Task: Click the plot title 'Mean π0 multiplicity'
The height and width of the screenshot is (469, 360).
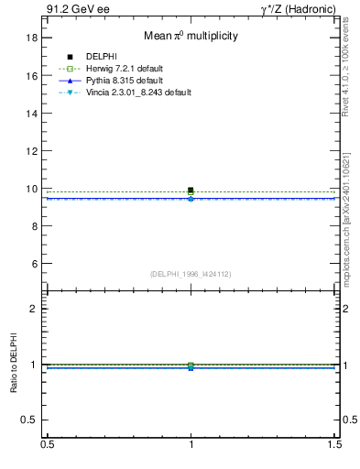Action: pos(191,36)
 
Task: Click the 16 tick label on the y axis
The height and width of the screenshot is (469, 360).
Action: pos(33,76)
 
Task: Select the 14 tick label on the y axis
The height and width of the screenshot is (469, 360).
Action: pos(33,114)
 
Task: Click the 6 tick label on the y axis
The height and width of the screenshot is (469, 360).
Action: pos(36,264)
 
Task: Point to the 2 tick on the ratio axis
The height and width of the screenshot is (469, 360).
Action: pos(36,309)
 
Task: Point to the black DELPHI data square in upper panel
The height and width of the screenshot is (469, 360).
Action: pos(191,191)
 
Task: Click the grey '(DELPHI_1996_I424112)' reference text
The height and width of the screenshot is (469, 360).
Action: pos(191,273)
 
